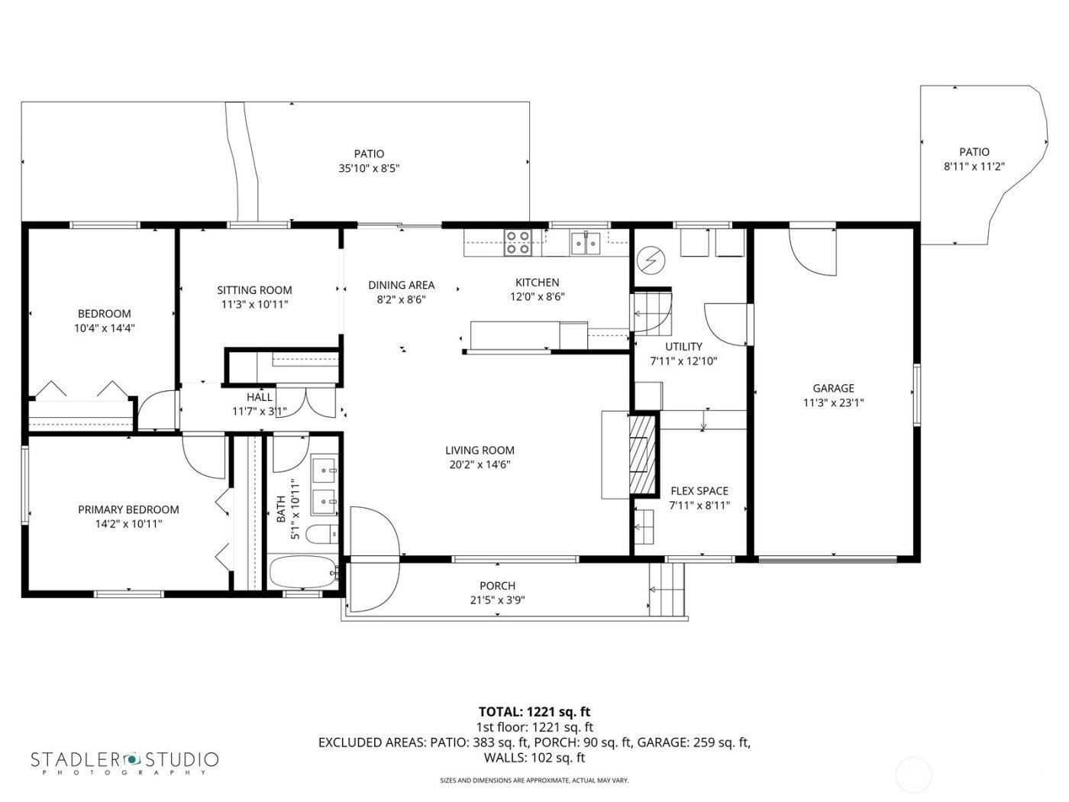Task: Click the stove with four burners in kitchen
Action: [x=518, y=243]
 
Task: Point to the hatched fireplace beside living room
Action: [x=642, y=456]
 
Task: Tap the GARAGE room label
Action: [x=833, y=388]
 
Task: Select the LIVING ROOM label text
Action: [x=480, y=451]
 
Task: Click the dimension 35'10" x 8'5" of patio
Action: [x=369, y=168]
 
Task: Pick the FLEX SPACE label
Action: [x=699, y=491]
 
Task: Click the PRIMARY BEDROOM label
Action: [x=128, y=509]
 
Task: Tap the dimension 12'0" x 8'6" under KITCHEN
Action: [x=537, y=297]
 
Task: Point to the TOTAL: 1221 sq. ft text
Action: [x=534, y=712]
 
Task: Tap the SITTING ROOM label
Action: [x=254, y=290]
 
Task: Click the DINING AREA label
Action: [x=401, y=285]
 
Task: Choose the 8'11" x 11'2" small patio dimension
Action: [x=974, y=167]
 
